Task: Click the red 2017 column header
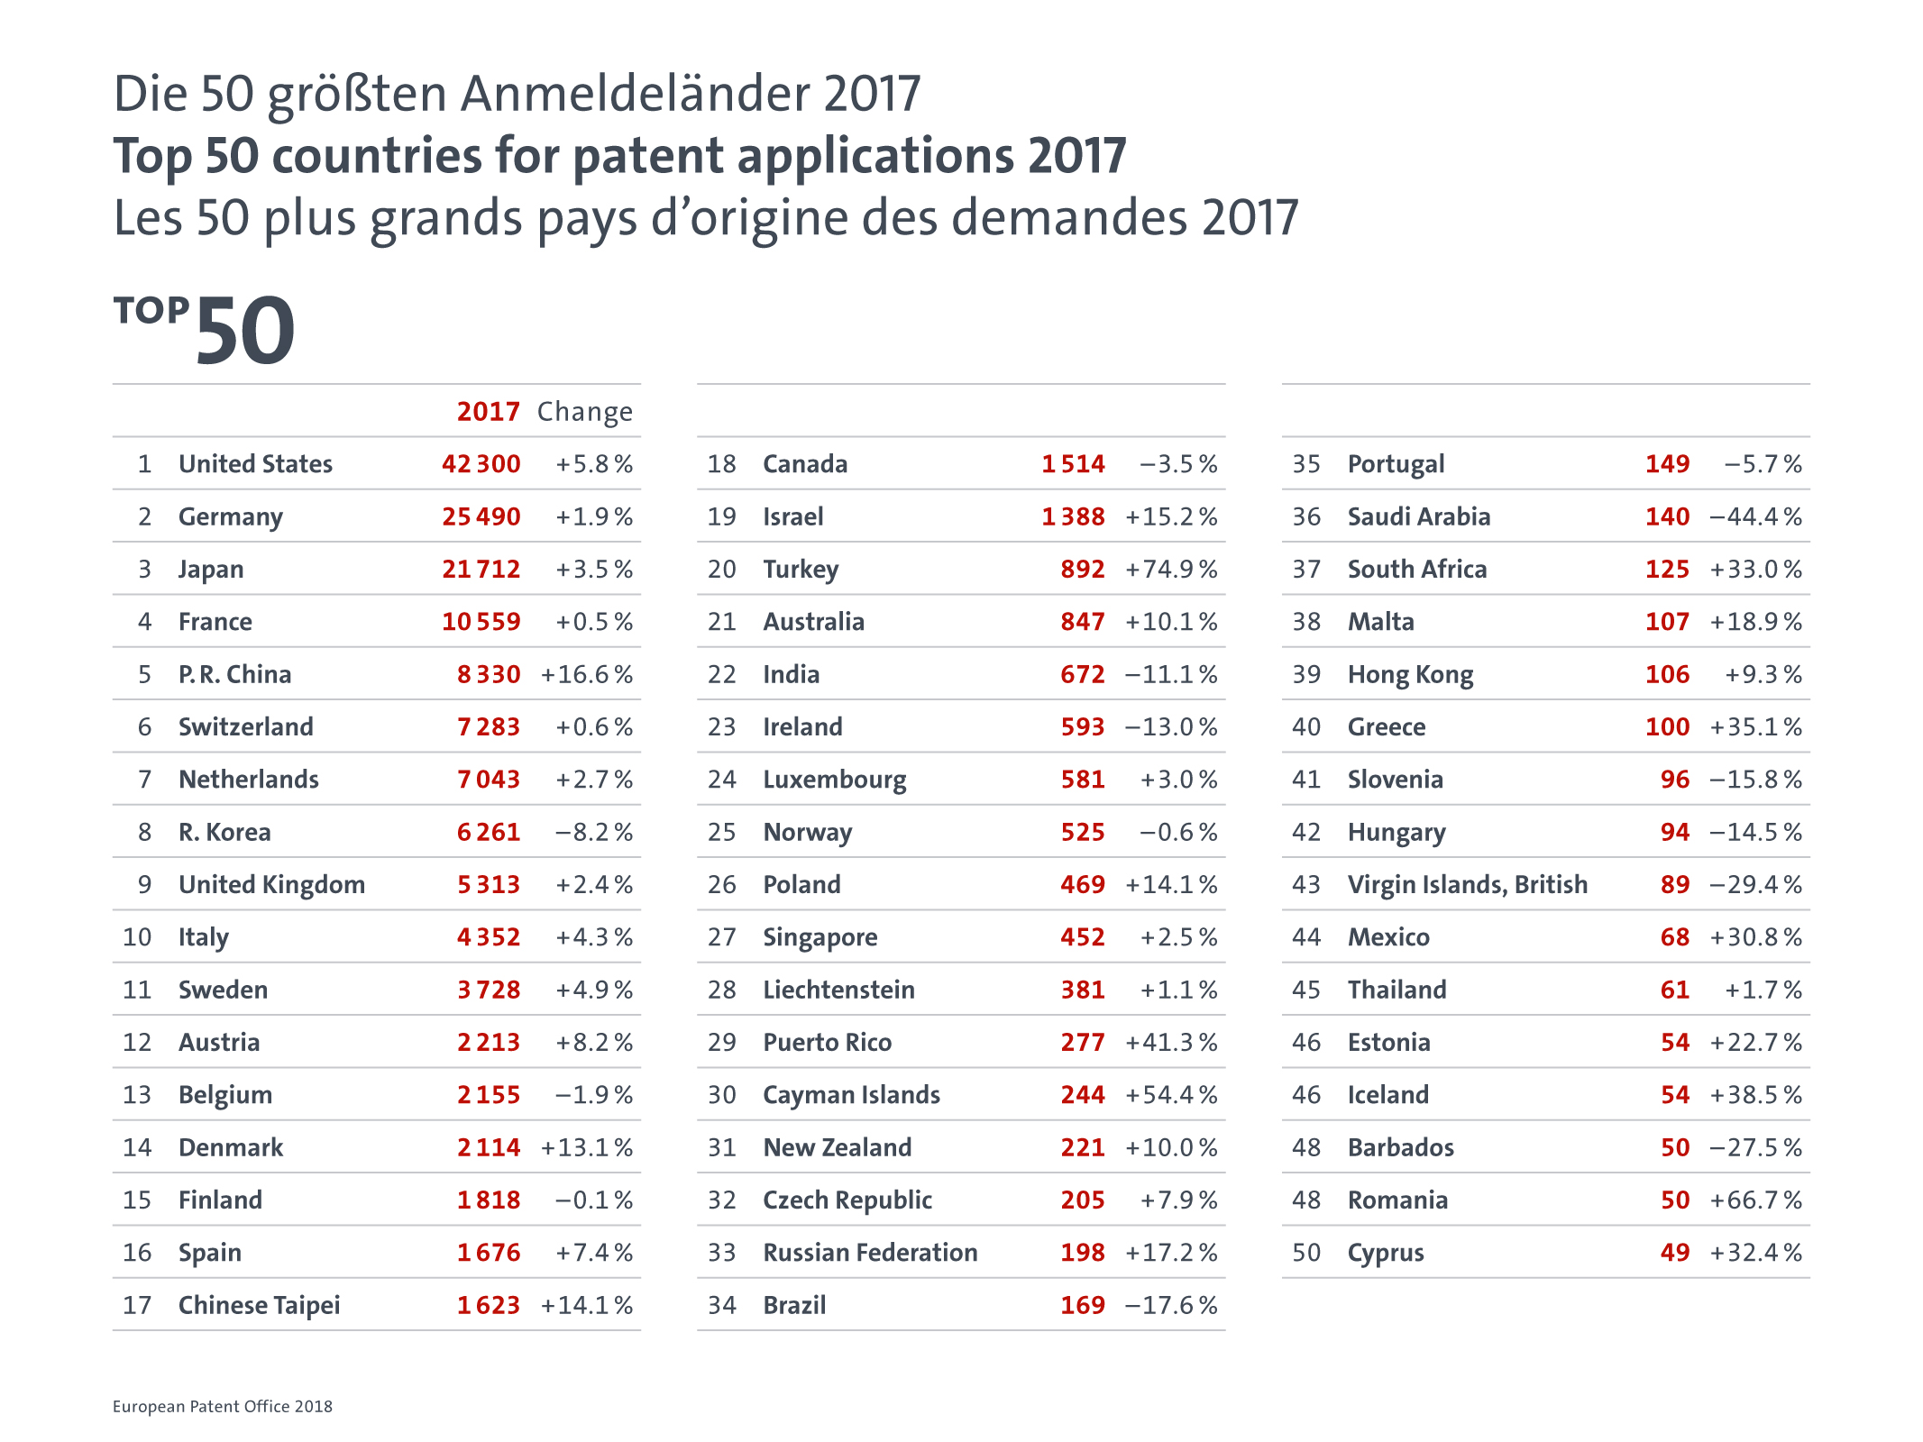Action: coord(488,412)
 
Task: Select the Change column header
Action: coord(584,412)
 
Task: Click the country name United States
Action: coord(255,464)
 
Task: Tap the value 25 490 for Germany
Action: coord(481,516)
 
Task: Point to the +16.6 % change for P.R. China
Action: coord(586,674)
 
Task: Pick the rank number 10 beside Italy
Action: coord(137,937)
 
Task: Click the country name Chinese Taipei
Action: coord(259,1305)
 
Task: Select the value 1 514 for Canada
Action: coord(1073,464)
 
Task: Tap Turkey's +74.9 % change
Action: coord(1171,570)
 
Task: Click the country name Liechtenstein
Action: coord(838,990)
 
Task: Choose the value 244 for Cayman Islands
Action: coord(1082,1095)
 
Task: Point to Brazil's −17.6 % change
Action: coord(1171,1305)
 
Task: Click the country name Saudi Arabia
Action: coord(1418,516)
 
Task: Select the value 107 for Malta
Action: coord(1667,622)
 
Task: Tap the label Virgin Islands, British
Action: coord(1467,885)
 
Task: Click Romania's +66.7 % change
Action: coord(1755,1200)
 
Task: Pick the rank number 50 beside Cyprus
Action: coord(1306,1253)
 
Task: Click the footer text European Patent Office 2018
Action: coord(223,1407)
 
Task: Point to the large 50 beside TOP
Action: coord(245,332)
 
